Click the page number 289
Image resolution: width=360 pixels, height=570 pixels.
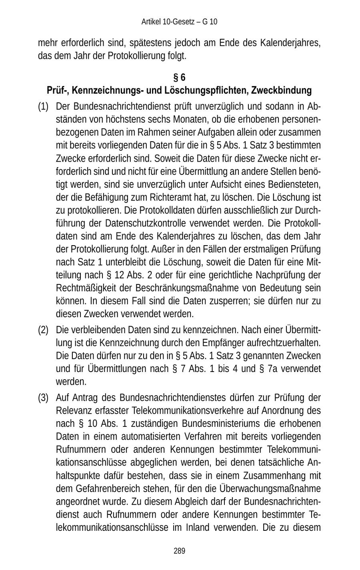[179, 551]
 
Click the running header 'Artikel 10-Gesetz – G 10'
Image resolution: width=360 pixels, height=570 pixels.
[179, 22]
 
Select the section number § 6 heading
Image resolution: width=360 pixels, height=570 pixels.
[179, 77]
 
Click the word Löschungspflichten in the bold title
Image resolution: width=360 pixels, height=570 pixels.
[207, 90]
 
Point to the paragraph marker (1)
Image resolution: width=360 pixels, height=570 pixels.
[43, 107]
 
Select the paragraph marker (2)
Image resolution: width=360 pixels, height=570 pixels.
[43, 330]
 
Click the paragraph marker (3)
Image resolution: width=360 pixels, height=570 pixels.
[43, 398]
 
